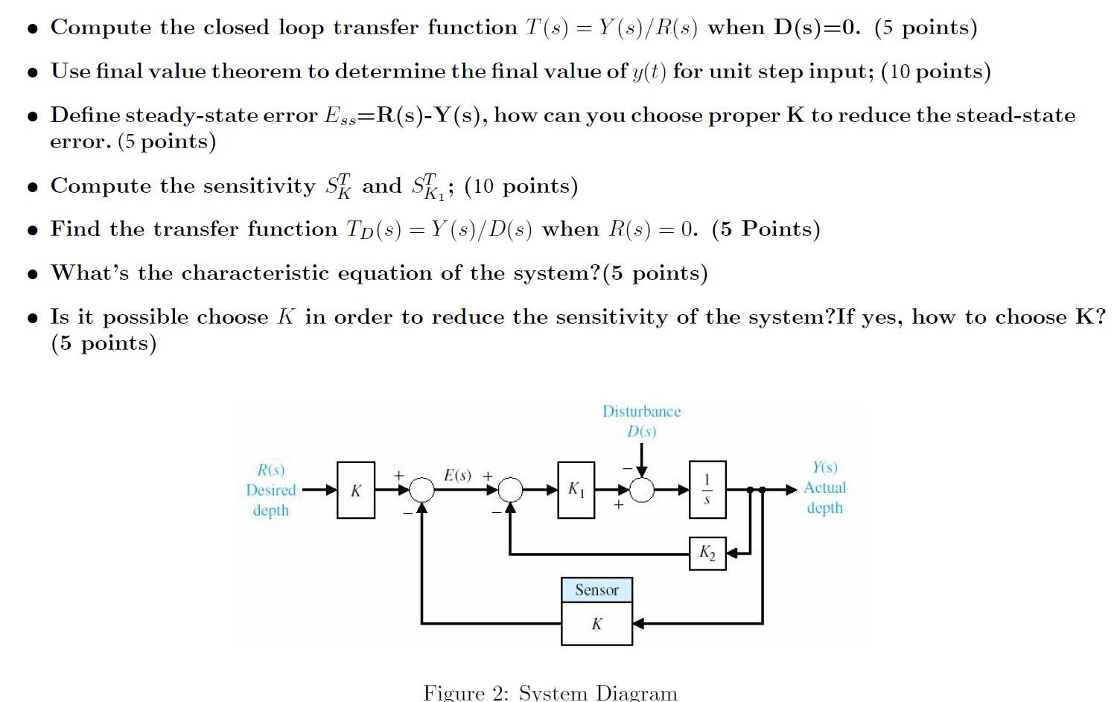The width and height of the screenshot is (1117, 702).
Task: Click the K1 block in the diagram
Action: pyautogui.click(x=576, y=489)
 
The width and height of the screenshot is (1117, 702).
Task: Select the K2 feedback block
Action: pyautogui.click(x=707, y=553)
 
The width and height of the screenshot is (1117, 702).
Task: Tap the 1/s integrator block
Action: pyautogui.click(x=707, y=489)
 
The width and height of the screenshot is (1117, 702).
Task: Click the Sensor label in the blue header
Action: pyautogui.click(x=596, y=590)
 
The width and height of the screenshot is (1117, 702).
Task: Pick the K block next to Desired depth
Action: pyautogui.click(x=356, y=490)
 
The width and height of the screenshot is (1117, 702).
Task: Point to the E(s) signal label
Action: pyautogui.click(x=457, y=475)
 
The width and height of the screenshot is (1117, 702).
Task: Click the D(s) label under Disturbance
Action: pyautogui.click(x=641, y=431)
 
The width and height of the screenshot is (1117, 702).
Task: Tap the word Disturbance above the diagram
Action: pyautogui.click(x=641, y=412)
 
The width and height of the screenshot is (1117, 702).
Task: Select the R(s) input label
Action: pyautogui.click(x=271, y=470)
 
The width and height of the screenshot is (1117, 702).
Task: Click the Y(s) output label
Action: pyautogui.click(x=824, y=468)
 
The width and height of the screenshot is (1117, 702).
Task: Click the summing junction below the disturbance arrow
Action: pyautogui.click(x=642, y=490)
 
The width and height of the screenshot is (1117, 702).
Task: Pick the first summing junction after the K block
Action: pyautogui.click(x=422, y=490)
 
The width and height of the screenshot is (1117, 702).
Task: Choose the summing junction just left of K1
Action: pyautogui.click(x=510, y=490)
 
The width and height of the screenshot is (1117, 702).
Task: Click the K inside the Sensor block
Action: pyautogui.click(x=596, y=624)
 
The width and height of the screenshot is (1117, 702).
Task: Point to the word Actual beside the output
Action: pyautogui.click(x=824, y=488)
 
